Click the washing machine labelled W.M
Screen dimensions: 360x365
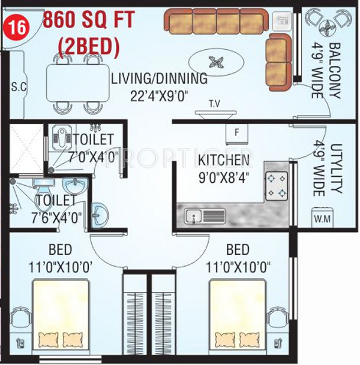tap(322, 218)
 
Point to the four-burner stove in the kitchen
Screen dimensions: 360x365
tap(277, 186)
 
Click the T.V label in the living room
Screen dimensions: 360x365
tap(214, 104)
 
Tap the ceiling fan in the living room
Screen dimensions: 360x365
tap(216, 62)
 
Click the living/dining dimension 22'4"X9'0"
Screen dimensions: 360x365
tap(159, 96)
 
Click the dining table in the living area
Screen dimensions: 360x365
tap(78, 82)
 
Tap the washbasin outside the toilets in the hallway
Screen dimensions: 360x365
tap(100, 215)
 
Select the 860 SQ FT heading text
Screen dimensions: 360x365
tap(89, 20)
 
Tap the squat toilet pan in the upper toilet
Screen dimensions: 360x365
tap(62, 138)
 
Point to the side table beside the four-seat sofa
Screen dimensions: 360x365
tap(282, 21)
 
